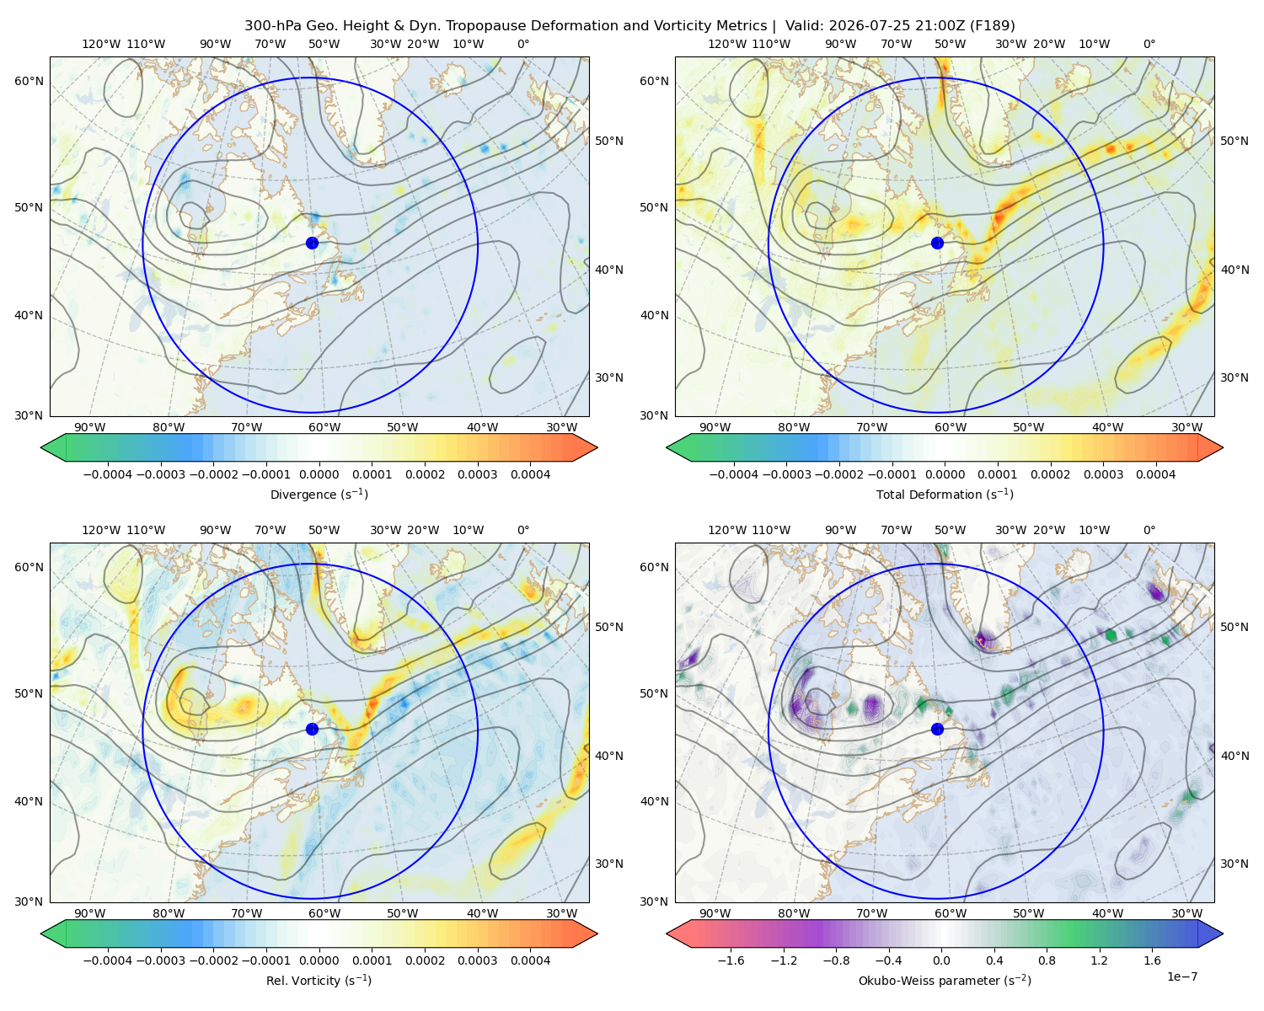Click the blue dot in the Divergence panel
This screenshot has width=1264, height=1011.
[x=312, y=243]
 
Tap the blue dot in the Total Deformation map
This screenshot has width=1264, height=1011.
[x=937, y=243]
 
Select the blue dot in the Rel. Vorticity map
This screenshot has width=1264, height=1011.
[x=312, y=729]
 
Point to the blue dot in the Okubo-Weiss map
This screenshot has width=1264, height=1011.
[x=937, y=729]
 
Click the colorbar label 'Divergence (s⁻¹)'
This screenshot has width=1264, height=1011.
[x=319, y=494]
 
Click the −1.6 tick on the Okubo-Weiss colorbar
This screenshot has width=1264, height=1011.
[x=731, y=960]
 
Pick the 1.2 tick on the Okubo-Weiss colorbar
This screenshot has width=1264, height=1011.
[x=1099, y=960]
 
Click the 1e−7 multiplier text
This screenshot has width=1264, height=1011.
[x=1181, y=976]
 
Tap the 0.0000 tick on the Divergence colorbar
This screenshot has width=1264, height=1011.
[x=319, y=474]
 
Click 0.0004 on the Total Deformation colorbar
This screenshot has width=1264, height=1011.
[x=1155, y=474]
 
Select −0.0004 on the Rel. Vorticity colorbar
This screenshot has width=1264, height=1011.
[x=108, y=960]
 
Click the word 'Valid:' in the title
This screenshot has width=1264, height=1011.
[x=805, y=26]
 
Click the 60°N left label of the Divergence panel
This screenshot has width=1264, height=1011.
[x=29, y=81]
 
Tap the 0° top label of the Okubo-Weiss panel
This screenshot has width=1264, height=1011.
[x=1149, y=530]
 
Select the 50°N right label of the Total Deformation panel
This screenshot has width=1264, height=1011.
[x=1235, y=141]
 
